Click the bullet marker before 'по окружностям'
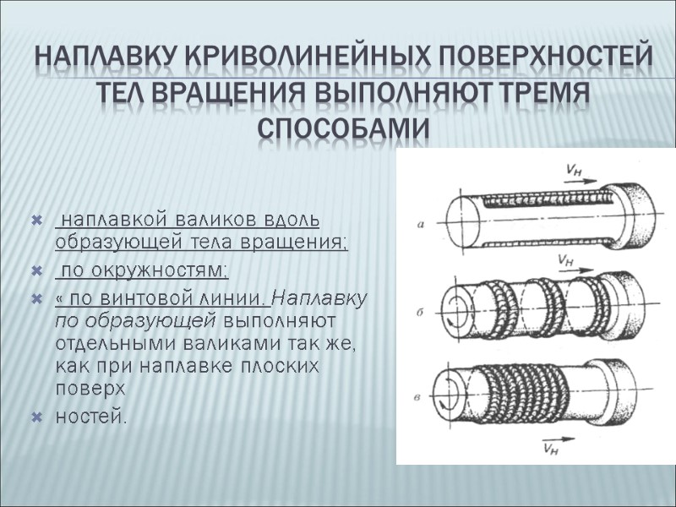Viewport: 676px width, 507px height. pos(35,270)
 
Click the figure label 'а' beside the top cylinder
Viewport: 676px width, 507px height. pos(420,224)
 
